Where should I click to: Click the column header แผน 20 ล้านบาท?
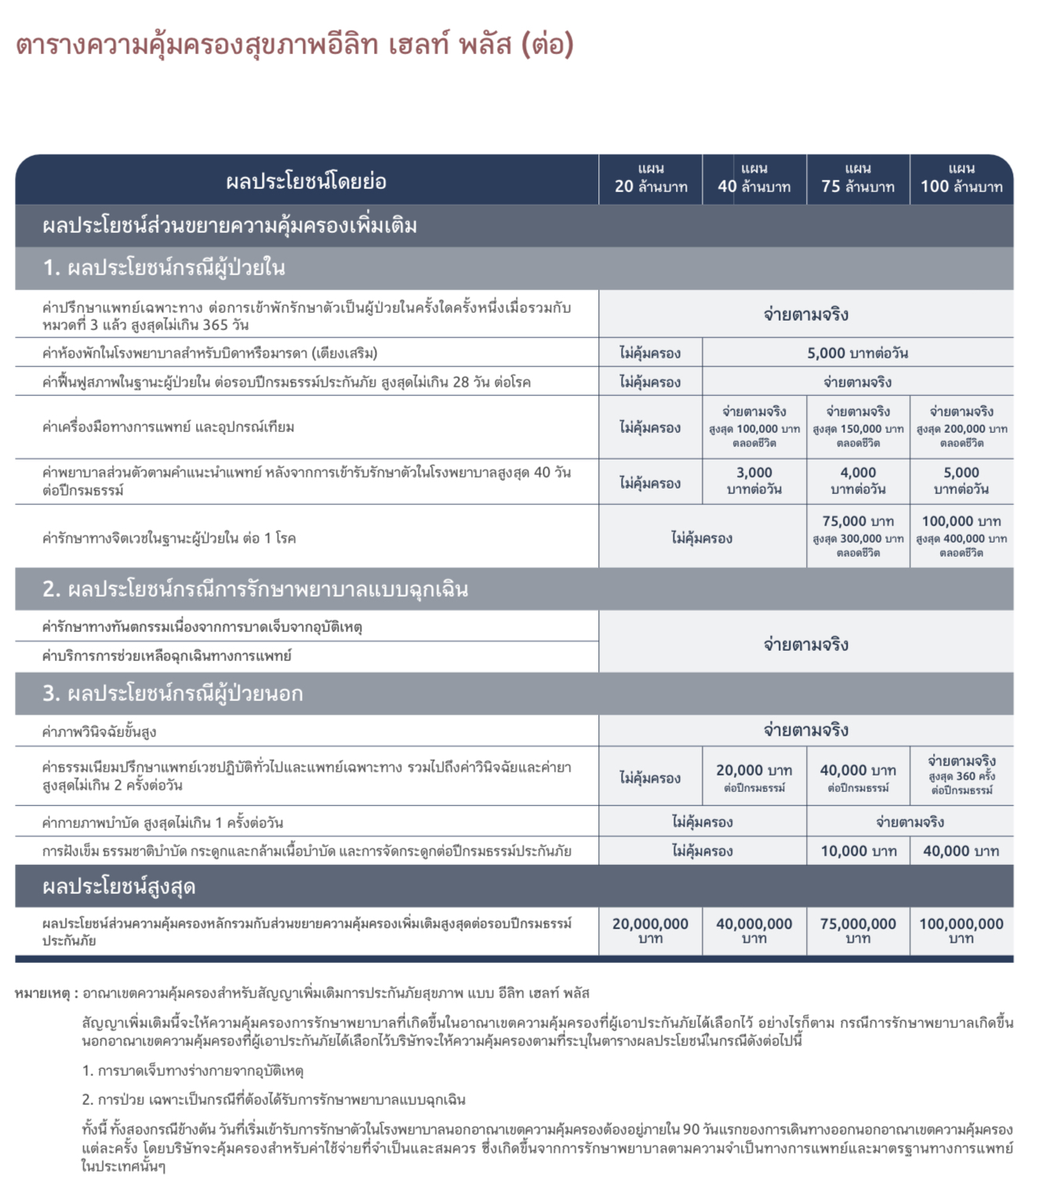click(x=651, y=179)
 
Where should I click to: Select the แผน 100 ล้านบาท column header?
click(x=961, y=179)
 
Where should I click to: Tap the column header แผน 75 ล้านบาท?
click(x=858, y=179)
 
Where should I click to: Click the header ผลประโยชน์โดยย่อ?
click(x=306, y=182)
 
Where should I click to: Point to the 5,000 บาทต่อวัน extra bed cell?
click(x=858, y=353)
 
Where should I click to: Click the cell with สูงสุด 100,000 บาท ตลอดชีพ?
click(x=754, y=427)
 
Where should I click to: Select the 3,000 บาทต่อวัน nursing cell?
click(x=754, y=481)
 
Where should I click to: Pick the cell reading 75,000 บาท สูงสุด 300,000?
click(x=858, y=536)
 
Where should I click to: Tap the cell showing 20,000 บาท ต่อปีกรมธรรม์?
click(x=754, y=777)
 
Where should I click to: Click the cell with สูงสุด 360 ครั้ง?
click(x=961, y=775)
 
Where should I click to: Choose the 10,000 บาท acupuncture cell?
click(x=858, y=851)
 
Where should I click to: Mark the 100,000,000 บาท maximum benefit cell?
click(x=961, y=930)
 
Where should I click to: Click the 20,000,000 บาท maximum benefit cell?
click(x=651, y=930)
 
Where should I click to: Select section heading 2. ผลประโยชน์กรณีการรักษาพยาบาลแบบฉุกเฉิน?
click(x=256, y=589)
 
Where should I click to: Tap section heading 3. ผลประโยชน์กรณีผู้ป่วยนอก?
click(x=173, y=693)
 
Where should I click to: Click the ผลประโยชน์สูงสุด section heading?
click(x=119, y=887)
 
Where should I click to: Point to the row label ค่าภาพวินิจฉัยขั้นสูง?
click(x=100, y=732)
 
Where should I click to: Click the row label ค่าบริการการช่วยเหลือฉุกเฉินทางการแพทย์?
click(x=167, y=656)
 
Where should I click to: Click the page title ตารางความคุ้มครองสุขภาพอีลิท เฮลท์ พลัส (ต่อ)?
click(x=295, y=45)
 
